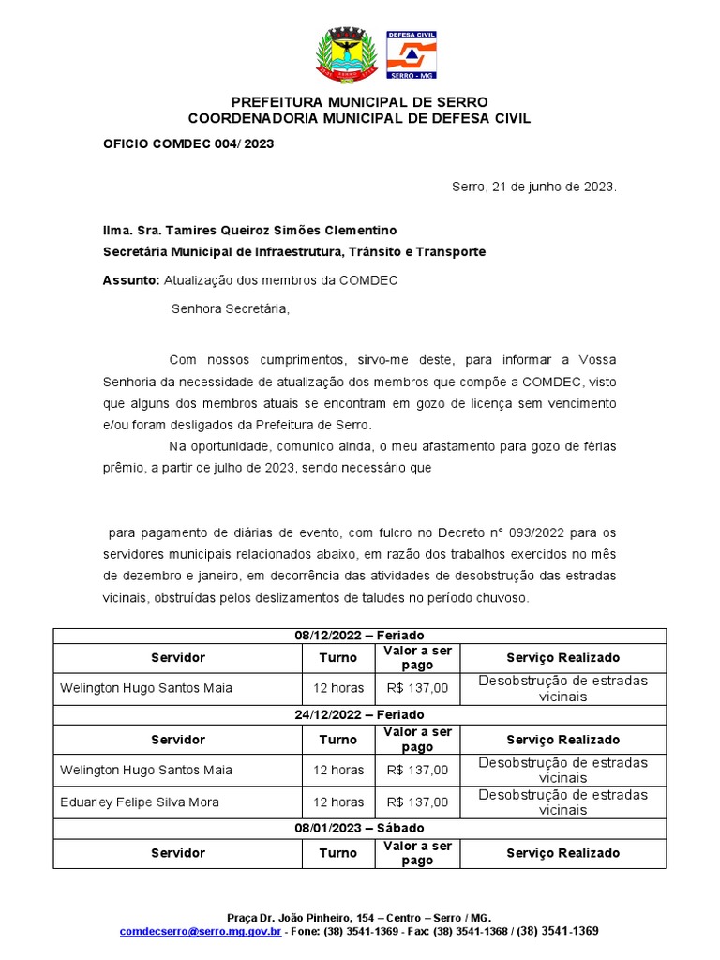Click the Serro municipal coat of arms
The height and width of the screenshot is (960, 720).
point(347,54)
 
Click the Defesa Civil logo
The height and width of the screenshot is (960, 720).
point(412,54)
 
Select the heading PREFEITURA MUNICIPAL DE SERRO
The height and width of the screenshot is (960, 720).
point(359,101)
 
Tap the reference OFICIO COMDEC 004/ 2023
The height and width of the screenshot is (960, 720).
point(188,143)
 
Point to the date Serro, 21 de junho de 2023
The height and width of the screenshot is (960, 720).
point(534,187)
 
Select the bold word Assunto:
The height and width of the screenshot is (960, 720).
point(131,280)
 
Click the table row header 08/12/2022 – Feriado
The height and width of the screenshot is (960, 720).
point(359,636)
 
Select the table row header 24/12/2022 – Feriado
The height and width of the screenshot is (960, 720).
point(359,713)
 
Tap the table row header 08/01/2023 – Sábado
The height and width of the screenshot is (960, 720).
point(359,828)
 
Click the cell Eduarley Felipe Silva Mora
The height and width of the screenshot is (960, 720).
point(139,802)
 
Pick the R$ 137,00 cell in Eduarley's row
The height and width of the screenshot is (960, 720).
point(417,802)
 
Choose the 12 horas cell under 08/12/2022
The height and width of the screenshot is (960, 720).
point(338,688)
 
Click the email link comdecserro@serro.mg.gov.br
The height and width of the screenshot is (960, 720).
point(201,932)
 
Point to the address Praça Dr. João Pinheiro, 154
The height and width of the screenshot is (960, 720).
point(298,917)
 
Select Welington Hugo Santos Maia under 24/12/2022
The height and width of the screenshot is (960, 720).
point(146,770)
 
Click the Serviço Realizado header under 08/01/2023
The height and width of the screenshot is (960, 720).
point(563,853)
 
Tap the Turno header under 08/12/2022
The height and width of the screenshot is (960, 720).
point(338,658)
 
